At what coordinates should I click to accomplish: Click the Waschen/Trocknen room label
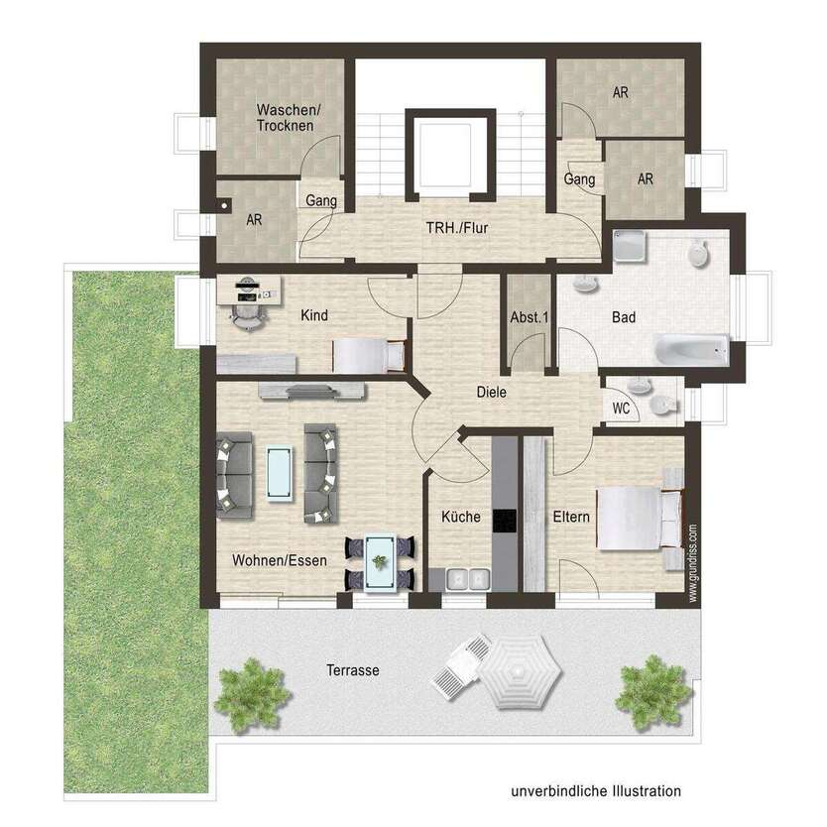(286, 117)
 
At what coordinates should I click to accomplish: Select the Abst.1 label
(529, 318)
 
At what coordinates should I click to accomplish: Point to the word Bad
(623, 317)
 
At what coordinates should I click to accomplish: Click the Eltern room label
(572, 517)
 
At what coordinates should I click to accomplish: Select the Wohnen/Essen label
(280, 560)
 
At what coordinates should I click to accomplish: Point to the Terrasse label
(353, 670)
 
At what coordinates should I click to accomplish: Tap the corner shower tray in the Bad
(630, 246)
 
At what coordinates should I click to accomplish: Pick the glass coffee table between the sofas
(280, 472)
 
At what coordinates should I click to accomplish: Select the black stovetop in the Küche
(505, 521)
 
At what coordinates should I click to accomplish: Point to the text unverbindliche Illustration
(596, 791)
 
